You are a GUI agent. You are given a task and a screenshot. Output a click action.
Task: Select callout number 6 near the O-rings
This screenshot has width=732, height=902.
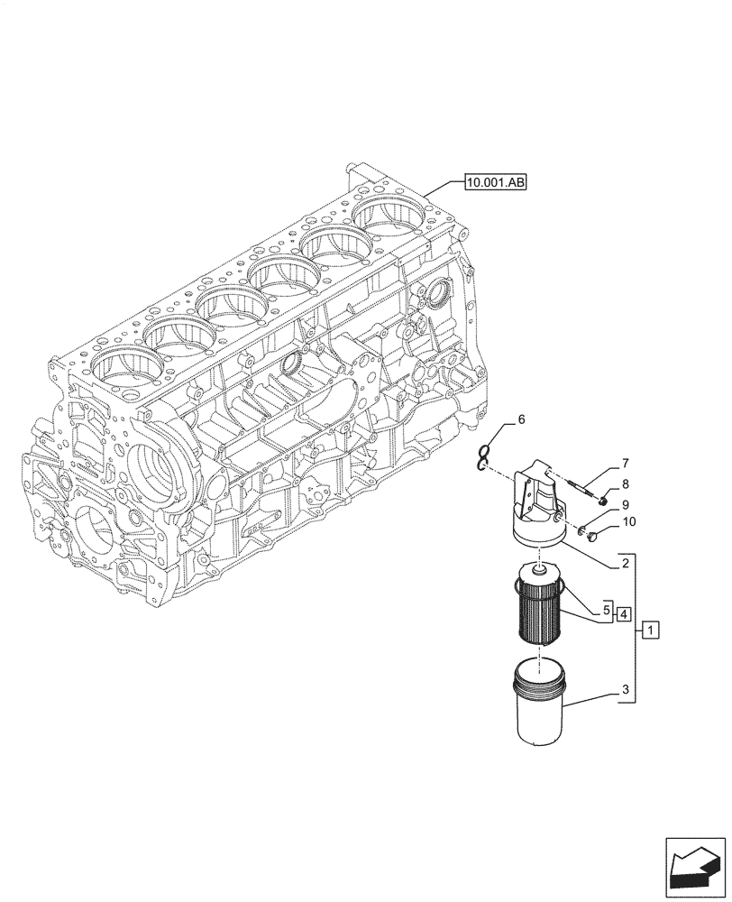pyautogui.click(x=520, y=420)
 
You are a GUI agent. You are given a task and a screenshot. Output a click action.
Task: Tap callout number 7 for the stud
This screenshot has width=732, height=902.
pyautogui.click(x=624, y=465)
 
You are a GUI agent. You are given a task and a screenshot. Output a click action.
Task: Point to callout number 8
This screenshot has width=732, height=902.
pyautogui.click(x=624, y=484)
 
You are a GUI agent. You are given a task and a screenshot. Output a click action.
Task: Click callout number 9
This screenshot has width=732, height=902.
pyautogui.click(x=624, y=504)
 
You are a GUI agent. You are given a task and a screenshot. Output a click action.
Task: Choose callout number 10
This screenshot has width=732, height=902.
pyautogui.click(x=628, y=521)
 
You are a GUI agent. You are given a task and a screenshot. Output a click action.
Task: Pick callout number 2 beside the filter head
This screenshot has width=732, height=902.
pyautogui.click(x=624, y=566)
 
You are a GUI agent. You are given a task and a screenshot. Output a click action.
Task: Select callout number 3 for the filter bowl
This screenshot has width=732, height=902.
pyautogui.click(x=624, y=694)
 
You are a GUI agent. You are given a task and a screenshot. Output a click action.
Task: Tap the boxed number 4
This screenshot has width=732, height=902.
pyautogui.click(x=625, y=612)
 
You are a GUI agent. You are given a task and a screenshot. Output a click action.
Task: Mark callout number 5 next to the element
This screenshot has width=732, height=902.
pyautogui.click(x=608, y=611)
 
